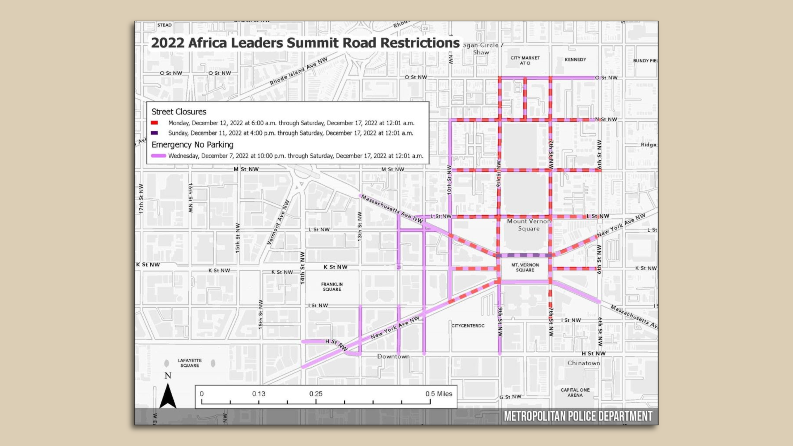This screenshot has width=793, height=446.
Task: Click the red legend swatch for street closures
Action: pyautogui.click(x=154, y=123)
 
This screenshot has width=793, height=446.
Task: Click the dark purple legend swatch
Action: pyautogui.click(x=154, y=133)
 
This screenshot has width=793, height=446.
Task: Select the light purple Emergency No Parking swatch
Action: pyautogui.click(x=159, y=156)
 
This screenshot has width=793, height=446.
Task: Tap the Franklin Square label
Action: pyautogui.click(x=332, y=287)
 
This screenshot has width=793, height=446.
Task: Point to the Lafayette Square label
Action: pyautogui.click(x=190, y=363)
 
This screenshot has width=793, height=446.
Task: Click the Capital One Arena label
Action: pyautogui.click(x=575, y=392)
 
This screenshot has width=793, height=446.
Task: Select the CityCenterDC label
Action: pyautogui.click(x=468, y=325)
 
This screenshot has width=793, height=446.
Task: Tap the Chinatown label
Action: pyautogui.click(x=584, y=363)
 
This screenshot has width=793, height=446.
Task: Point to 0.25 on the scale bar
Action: pyautogui.click(x=316, y=394)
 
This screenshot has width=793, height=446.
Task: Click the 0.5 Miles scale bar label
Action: pyautogui.click(x=439, y=394)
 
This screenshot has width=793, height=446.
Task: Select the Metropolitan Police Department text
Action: pyautogui.click(x=578, y=416)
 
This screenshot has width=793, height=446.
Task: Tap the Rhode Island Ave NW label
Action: pyautogui.click(x=299, y=71)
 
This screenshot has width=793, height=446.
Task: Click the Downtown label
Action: pyautogui.click(x=393, y=356)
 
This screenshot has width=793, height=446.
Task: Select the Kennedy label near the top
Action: pyautogui.click(x=575, y=59)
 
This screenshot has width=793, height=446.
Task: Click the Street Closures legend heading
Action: pyautogui.click(x=179, y=111)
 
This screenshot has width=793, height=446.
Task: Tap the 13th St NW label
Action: pyautogui.click(x=360, y=226)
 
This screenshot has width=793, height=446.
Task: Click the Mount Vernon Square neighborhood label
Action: pyautogui.click(x=529, y=225)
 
